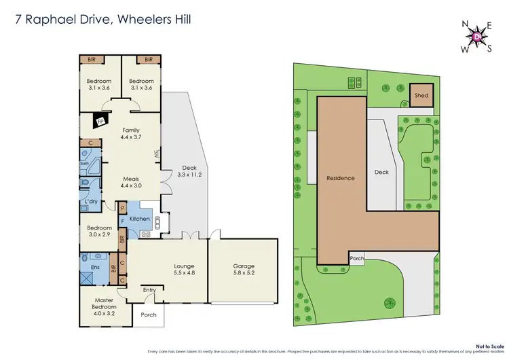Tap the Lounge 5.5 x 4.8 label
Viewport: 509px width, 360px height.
[x=184, y=269]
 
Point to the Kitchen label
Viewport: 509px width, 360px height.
[x=140, y=219]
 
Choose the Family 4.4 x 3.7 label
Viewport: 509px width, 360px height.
[x=131, y=133]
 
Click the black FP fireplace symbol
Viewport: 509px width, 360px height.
[x=101, y=122]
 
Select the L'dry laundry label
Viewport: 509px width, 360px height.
[x=90, y=203]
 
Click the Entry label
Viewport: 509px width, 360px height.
[x=149, y=291]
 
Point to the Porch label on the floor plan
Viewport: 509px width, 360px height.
[x=148, y=315]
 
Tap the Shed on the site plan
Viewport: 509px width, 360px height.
[x=421, y=96]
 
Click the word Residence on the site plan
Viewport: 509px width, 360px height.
[x=341, y=179]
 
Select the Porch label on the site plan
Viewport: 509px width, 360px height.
[x=358, y=259]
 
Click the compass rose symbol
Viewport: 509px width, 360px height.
[x=479, y=35]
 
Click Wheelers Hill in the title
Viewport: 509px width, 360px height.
[x=155, y=20]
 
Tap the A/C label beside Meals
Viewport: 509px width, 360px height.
[x=157, y=154]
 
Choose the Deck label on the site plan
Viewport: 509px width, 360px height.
[x=382, y=173]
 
